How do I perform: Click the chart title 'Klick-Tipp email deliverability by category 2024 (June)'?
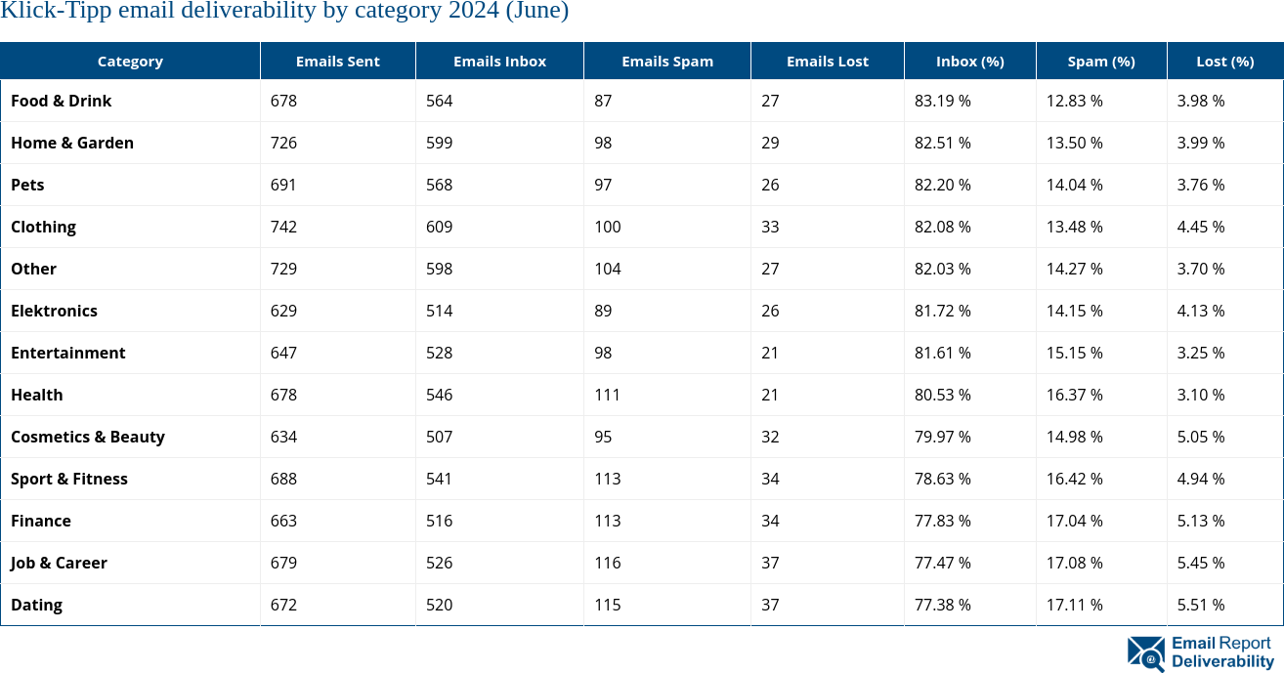point(284,12)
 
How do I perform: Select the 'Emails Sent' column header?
point(337,61)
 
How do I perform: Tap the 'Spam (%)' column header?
point(1100,61)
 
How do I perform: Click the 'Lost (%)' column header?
point(1224,61)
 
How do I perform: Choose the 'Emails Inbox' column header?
point(499,61)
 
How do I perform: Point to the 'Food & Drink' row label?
point(62,101)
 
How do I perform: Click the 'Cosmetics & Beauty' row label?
point(88,437)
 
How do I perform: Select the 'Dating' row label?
point(37,605)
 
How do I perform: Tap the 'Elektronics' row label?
point(55,311)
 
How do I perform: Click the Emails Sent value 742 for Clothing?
point(283,227)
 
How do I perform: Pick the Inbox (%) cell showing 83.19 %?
point(942,101)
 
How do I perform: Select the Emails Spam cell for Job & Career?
point(607,563)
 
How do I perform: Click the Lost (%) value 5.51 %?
point(1201,605)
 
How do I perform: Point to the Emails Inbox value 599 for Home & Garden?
point(439,143)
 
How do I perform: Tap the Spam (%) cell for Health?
point(1074,395)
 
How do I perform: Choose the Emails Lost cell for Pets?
point(770,185)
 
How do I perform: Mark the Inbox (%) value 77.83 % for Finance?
point(942,521)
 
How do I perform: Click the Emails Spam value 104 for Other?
point(607,269)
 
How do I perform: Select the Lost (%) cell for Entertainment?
point(1201,353)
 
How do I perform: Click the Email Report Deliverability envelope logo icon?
point(1145,653)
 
